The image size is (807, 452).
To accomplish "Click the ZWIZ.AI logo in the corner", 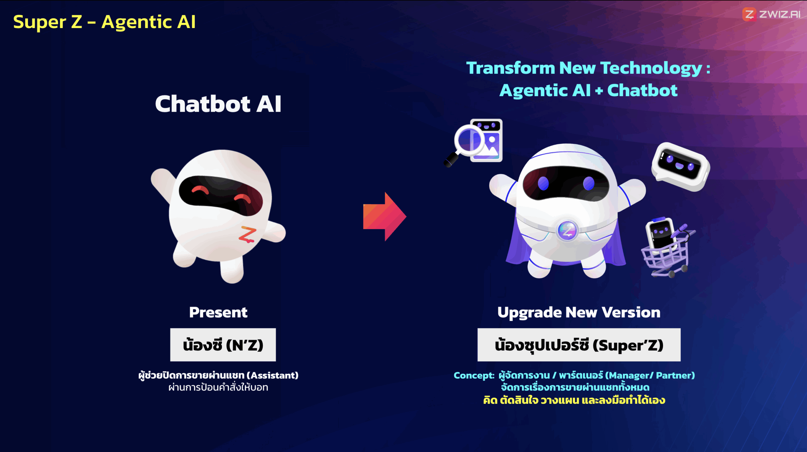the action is coord(771,14).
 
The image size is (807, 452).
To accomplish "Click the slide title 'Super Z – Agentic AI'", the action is coord(104,22).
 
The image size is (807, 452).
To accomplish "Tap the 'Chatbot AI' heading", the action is coord(218,104).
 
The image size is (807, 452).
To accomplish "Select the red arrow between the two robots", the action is coord(385,217).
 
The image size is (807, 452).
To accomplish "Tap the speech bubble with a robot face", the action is coord(681,166).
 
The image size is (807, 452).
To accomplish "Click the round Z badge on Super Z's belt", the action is coord(567,231).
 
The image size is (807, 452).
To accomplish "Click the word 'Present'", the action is coord(218,312).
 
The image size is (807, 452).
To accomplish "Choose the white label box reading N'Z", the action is coord(223,345).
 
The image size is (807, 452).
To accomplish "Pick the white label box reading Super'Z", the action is coord(579,345).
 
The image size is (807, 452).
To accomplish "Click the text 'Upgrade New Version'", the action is coord(579,313).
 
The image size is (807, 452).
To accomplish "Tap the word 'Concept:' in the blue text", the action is coord(474,375).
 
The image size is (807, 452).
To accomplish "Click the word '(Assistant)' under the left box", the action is coord(272,375).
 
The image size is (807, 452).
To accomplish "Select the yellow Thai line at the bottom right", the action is coord(574,400).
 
